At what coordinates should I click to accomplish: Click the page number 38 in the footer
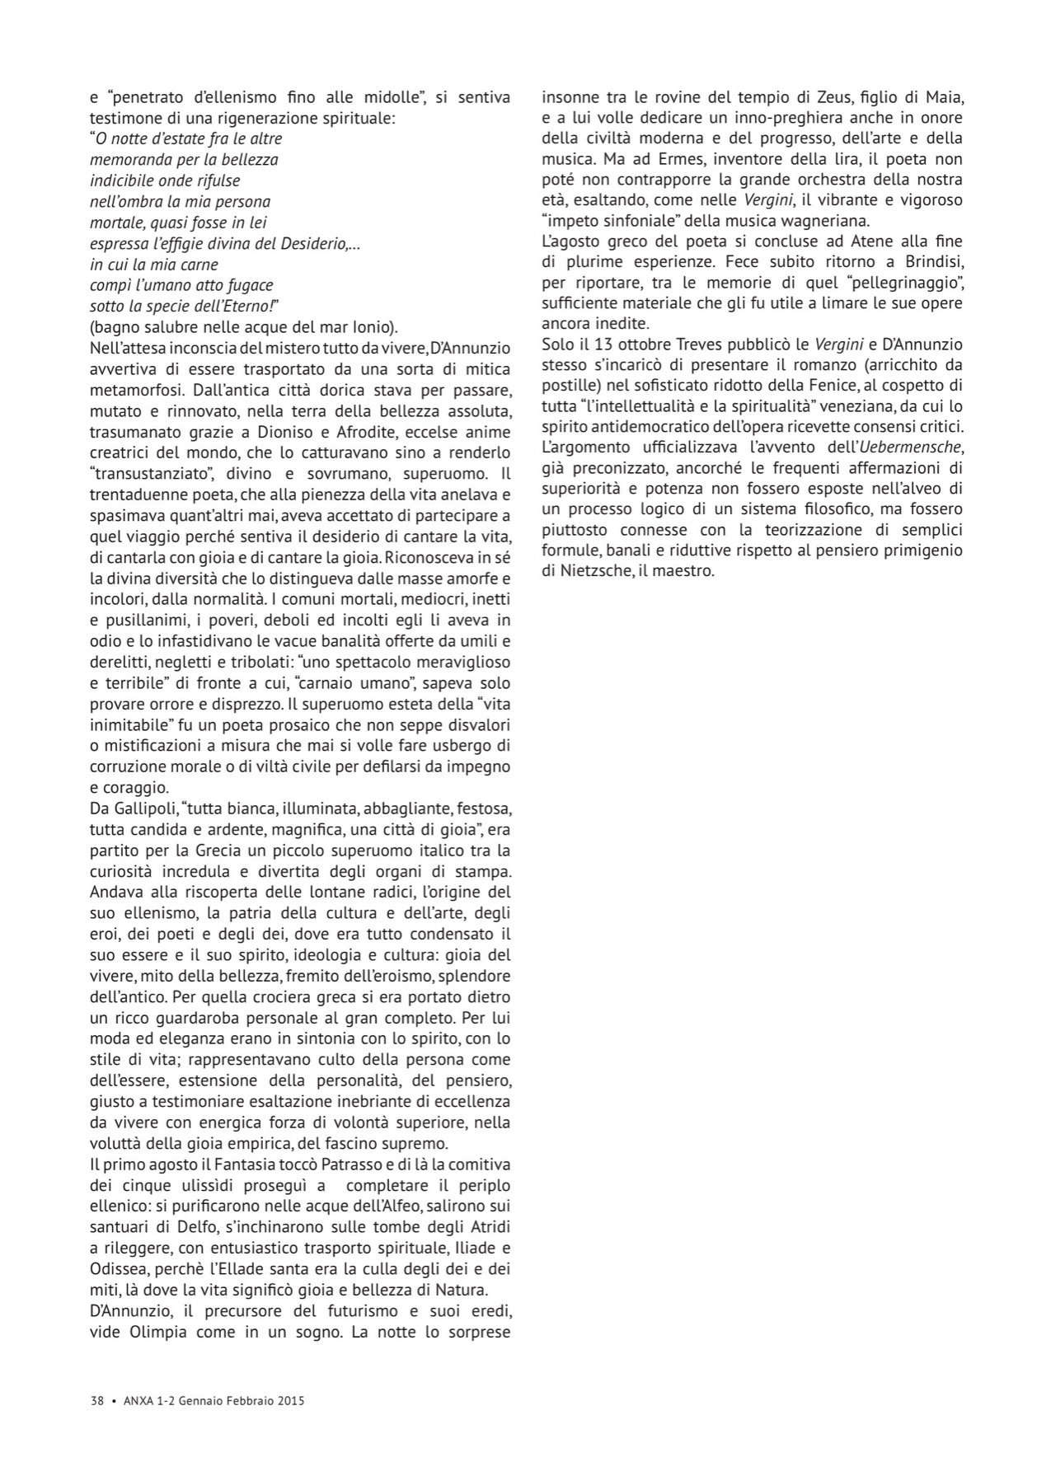click(96, 1400)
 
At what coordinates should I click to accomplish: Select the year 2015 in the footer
click(291, 1400)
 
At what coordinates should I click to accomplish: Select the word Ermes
click(659, 158)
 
